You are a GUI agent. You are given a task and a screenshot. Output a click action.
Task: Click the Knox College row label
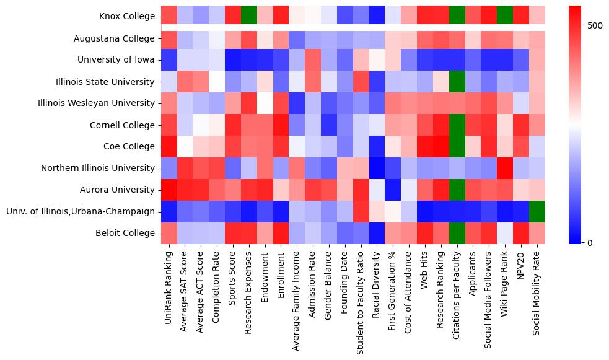tap(126, 17)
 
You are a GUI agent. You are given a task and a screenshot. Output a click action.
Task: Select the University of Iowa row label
tap(116, 60)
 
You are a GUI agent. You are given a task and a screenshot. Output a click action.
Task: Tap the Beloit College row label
tap(124, 233)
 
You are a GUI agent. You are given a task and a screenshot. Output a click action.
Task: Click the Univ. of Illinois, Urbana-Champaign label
tap(81, 211)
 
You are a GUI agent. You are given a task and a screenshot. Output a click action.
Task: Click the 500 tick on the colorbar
tap(595, 25)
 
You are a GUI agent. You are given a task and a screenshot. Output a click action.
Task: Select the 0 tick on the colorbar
tap(590, 242)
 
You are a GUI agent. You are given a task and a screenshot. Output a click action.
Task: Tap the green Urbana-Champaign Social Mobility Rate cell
tap(537, 211)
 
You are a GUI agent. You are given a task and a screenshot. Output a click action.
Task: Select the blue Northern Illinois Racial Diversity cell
tap(377, 168)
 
